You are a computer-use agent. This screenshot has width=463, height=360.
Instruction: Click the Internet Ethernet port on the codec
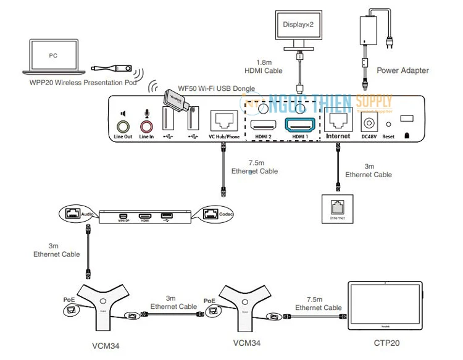tap(337, 120)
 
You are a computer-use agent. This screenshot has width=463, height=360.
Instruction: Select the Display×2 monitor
tap(301, 29)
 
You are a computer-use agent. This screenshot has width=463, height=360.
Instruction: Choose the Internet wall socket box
tap(337, 209)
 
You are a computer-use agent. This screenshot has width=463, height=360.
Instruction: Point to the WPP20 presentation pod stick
tap(109, 69)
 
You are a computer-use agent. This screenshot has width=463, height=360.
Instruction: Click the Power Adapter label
tap(403, 70)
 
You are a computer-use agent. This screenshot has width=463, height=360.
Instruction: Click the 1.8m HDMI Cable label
tap(265, 67)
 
